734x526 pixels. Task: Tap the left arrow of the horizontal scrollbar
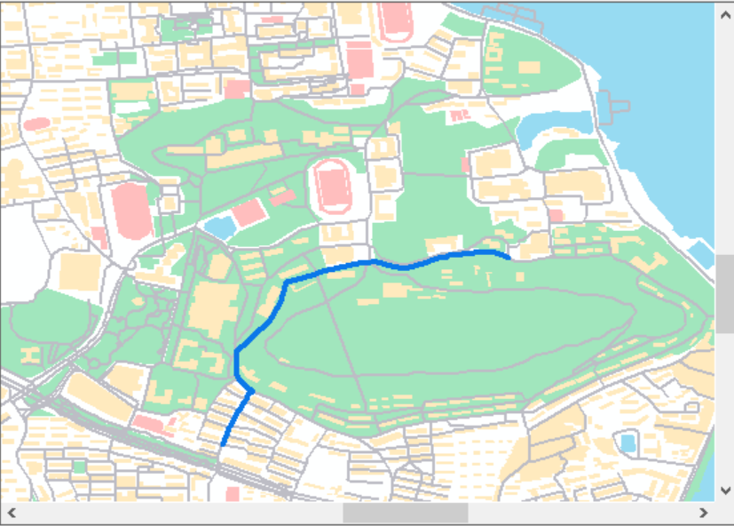[12, 513]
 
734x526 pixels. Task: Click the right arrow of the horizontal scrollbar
[703, 513]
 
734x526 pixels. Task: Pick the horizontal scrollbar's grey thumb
[405, 513]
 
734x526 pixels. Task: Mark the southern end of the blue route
[223, 443]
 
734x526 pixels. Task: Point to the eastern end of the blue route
[508, 257]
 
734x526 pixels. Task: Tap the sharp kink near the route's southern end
[251, 390]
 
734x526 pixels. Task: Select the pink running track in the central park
[333, 187]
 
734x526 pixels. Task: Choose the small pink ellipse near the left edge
[37, 124]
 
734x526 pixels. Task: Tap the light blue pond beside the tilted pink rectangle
[219, 226]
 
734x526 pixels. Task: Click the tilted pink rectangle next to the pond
[249, 212]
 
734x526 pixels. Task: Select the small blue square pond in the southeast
[628, 442]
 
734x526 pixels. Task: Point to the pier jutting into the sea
[609, 106]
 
